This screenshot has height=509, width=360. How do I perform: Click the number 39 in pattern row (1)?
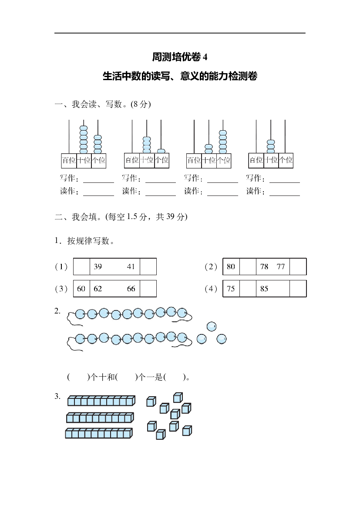pos(98,266)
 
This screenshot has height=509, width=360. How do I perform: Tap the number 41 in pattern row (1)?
pos(131,266)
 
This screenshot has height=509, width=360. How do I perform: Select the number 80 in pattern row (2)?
pos(231,266)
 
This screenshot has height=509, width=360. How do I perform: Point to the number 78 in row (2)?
pos(264,266)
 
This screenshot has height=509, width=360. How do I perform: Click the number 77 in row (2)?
pos(281,266)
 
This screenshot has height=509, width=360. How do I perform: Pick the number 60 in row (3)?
pos(81,289)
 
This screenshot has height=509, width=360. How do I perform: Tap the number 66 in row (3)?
pos(131,289)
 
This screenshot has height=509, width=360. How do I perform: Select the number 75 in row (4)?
pos(231,289)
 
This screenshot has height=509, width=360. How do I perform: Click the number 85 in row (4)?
pos(264,289)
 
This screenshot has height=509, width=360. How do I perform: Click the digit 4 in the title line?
pos(205,57)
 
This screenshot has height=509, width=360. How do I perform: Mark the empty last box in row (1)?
pos(148,266)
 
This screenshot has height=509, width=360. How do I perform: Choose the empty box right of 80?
pos(248,266)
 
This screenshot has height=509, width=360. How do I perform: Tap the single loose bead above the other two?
pos(212,326)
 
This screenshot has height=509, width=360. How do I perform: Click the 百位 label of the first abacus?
pos(69,160)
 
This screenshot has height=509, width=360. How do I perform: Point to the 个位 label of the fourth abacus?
pos(286,160)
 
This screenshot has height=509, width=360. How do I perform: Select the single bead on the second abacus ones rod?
pos(161,151)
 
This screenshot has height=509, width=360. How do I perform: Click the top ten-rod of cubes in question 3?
pos(101,401)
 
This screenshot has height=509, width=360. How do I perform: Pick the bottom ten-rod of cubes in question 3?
pos(99,433)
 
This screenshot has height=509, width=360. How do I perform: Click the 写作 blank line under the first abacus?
pos(99,182)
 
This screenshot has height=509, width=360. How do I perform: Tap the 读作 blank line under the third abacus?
pos(223,196)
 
